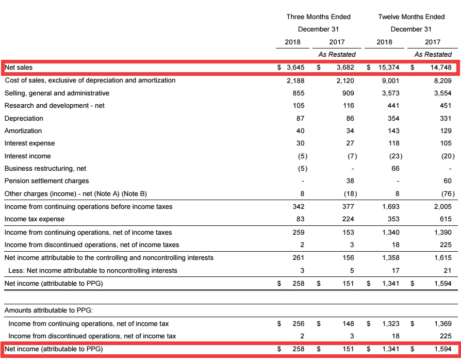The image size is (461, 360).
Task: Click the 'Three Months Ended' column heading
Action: click(318, 17)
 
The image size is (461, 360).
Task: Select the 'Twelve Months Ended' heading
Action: click(411, 17)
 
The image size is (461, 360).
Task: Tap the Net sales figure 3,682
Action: click(345, 68)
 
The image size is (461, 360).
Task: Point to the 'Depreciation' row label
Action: click(24, 119)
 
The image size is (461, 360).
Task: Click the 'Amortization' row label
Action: click(23, 131)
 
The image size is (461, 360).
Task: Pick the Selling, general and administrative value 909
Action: click(348, 93)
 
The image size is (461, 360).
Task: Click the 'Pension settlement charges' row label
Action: click(46, 181)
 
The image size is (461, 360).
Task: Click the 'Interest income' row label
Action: click(28, 156)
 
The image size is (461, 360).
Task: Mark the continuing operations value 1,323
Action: click(390, 324)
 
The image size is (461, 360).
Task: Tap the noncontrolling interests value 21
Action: click(447, 270)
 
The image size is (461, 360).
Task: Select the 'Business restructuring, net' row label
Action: click(45, 169)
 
